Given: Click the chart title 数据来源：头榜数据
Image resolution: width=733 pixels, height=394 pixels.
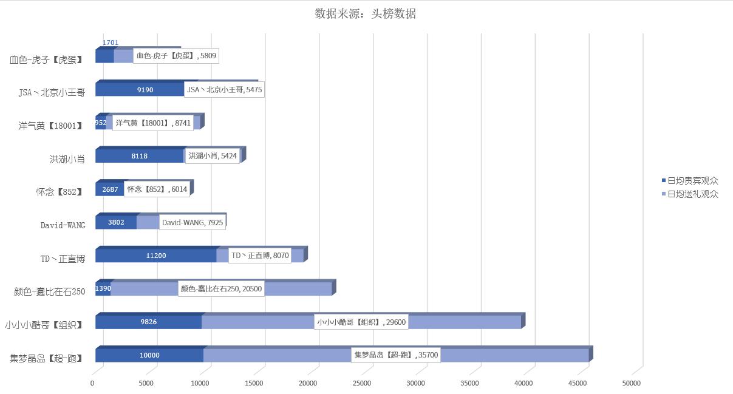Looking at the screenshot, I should (x=365, y=14).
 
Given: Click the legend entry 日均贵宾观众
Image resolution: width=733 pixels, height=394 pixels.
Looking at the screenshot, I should (x=692, y=181).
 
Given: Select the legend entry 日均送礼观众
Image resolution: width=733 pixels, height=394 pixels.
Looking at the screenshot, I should (x=692, y=194).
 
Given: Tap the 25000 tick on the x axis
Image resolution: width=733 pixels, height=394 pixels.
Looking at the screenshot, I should (x=362, y=383).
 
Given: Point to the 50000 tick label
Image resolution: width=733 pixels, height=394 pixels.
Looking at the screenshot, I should (x=631, y=383).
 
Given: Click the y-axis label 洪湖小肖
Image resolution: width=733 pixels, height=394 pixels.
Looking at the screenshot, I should (x=67, y=159).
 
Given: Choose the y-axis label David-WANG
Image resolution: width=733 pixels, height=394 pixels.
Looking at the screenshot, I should (x=63, y=225).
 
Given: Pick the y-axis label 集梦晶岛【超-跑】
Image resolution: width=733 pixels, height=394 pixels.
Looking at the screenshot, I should (x=47, y=358).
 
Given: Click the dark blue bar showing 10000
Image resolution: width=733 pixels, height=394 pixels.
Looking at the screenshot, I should (x=149, y=355).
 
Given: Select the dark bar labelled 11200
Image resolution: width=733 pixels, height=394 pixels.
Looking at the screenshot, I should (x=156, y=256).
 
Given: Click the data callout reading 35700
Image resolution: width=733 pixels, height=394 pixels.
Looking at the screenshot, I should (x=396, y=355).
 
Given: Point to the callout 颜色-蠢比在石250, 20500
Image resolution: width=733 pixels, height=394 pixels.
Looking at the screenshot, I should (x=221, y=289).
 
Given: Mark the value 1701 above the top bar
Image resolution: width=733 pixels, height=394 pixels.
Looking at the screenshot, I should (x=111, y=42).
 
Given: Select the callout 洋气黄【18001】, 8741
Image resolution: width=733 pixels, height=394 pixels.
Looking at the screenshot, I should (x=153, y=123).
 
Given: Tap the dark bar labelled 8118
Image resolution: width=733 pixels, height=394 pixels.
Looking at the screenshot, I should (x=140, y=156).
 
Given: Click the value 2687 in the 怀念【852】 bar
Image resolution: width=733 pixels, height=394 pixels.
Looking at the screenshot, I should (x=110, y=189).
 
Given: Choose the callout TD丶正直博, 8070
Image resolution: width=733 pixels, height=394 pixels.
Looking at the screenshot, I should (x=260, y=256).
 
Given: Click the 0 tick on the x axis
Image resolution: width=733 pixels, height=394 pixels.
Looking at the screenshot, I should (x=92, y=383).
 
